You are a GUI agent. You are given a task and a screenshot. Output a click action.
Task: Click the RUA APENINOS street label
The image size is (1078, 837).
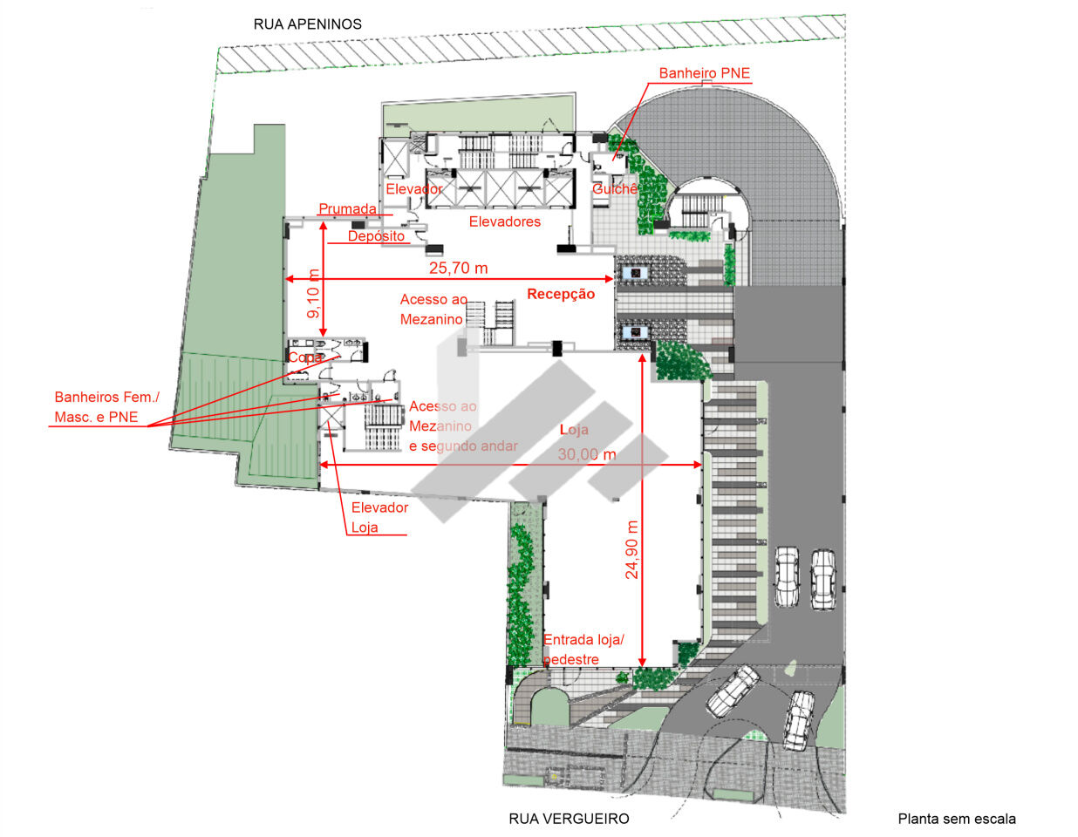pos(307,24)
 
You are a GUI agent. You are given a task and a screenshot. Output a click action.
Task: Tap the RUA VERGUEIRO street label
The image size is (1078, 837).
pos(569,819)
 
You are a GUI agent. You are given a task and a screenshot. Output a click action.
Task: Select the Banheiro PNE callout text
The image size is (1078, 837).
pos(704,73)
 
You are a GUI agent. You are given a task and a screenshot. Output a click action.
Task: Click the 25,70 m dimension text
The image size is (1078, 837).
pos(459,269)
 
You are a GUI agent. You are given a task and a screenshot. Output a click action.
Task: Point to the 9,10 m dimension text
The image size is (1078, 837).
pos(313,294)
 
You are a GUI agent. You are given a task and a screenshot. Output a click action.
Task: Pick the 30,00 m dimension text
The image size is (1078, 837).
pos(587,454)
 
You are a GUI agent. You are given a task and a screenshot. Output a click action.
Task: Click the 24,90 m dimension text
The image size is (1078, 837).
pos(631,550)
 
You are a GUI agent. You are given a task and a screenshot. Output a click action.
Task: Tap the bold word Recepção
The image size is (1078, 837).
pos(561,294)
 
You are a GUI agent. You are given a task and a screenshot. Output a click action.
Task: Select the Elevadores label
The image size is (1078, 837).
pos(504,221)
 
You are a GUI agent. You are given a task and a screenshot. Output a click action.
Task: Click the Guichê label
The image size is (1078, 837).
pos(615,189)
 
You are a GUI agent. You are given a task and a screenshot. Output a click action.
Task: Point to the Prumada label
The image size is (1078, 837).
pos(347,208)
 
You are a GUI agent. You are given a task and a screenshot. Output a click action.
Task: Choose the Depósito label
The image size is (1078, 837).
pos(376,236)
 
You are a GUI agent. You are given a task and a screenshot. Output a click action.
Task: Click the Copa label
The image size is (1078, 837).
pos(305,357)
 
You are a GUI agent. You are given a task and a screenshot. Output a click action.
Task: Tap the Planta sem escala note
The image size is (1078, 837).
pos(957,819)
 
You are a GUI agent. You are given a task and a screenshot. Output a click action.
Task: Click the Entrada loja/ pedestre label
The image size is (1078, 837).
pos(583,650)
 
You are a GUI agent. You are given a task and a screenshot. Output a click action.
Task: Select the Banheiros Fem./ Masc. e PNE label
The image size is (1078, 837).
pos(106,407)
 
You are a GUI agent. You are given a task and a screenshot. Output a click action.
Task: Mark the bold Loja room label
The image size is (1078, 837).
pos(574,430)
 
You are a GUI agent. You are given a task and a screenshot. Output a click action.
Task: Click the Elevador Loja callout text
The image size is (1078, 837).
pos(379,517)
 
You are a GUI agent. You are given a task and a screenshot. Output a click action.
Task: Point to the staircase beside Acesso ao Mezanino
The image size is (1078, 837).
pos(490,323)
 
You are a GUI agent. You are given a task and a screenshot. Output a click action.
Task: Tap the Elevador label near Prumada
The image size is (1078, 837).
pos(413,189)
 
